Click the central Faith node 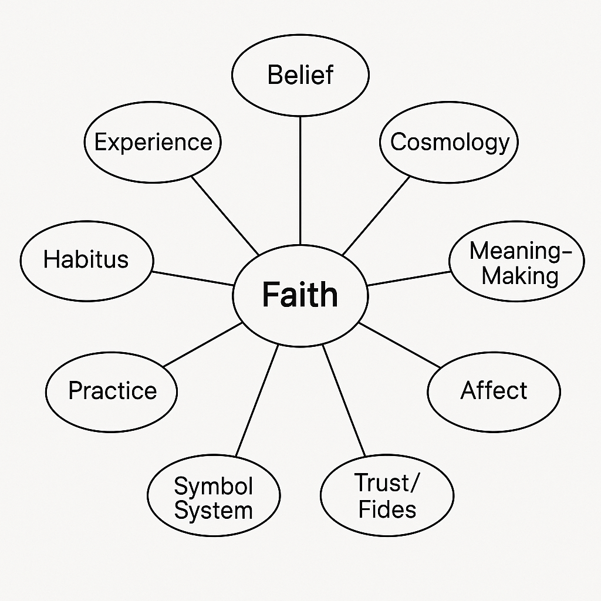point(300,295)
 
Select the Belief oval point(300,75)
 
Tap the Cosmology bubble point(449,143)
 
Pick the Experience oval point(153,143)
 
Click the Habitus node point(86,259)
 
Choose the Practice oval point(112,391)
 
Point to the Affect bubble point(494,391)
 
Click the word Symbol point(213,486)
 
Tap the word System point(213,511)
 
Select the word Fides point(387,509)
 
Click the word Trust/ point(387,484)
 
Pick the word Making point(520,276)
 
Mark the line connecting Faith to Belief point(300,179)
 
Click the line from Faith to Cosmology point(376,215)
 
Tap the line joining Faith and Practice point(202,345)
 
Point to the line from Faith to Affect point(399,345)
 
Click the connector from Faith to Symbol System point(256,400)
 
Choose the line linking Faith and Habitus point(193,278)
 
